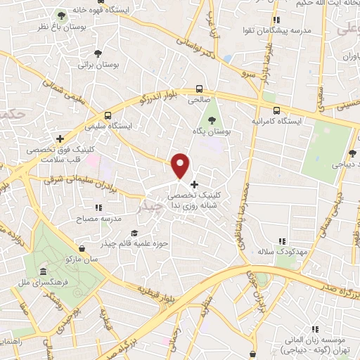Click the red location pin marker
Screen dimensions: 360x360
181,165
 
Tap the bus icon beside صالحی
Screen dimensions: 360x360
200,89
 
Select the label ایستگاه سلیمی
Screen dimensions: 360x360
108,127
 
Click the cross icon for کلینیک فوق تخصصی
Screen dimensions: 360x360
60,139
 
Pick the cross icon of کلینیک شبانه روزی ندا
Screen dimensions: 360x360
194,184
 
